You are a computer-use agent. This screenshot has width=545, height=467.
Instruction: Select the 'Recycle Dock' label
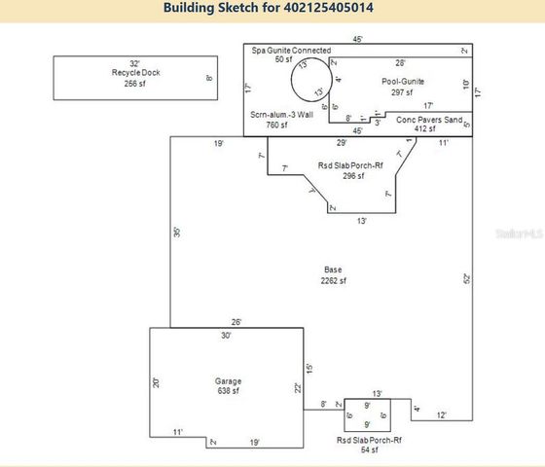pos(135,73)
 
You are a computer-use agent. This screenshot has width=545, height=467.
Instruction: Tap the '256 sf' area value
pos(135,84)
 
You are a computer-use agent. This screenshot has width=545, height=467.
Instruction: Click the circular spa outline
pos(315,79)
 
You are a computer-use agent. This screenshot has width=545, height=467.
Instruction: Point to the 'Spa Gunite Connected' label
pos(291,50)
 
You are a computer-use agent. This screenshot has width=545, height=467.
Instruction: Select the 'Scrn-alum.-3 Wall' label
pos(281,115)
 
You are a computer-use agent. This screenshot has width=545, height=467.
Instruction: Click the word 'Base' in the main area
pos(333,269)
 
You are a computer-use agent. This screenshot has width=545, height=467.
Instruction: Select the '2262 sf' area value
pos(333,280)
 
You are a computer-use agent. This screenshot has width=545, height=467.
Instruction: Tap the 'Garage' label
pos(228,381)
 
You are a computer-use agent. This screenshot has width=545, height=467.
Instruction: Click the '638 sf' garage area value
pos(228,391)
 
